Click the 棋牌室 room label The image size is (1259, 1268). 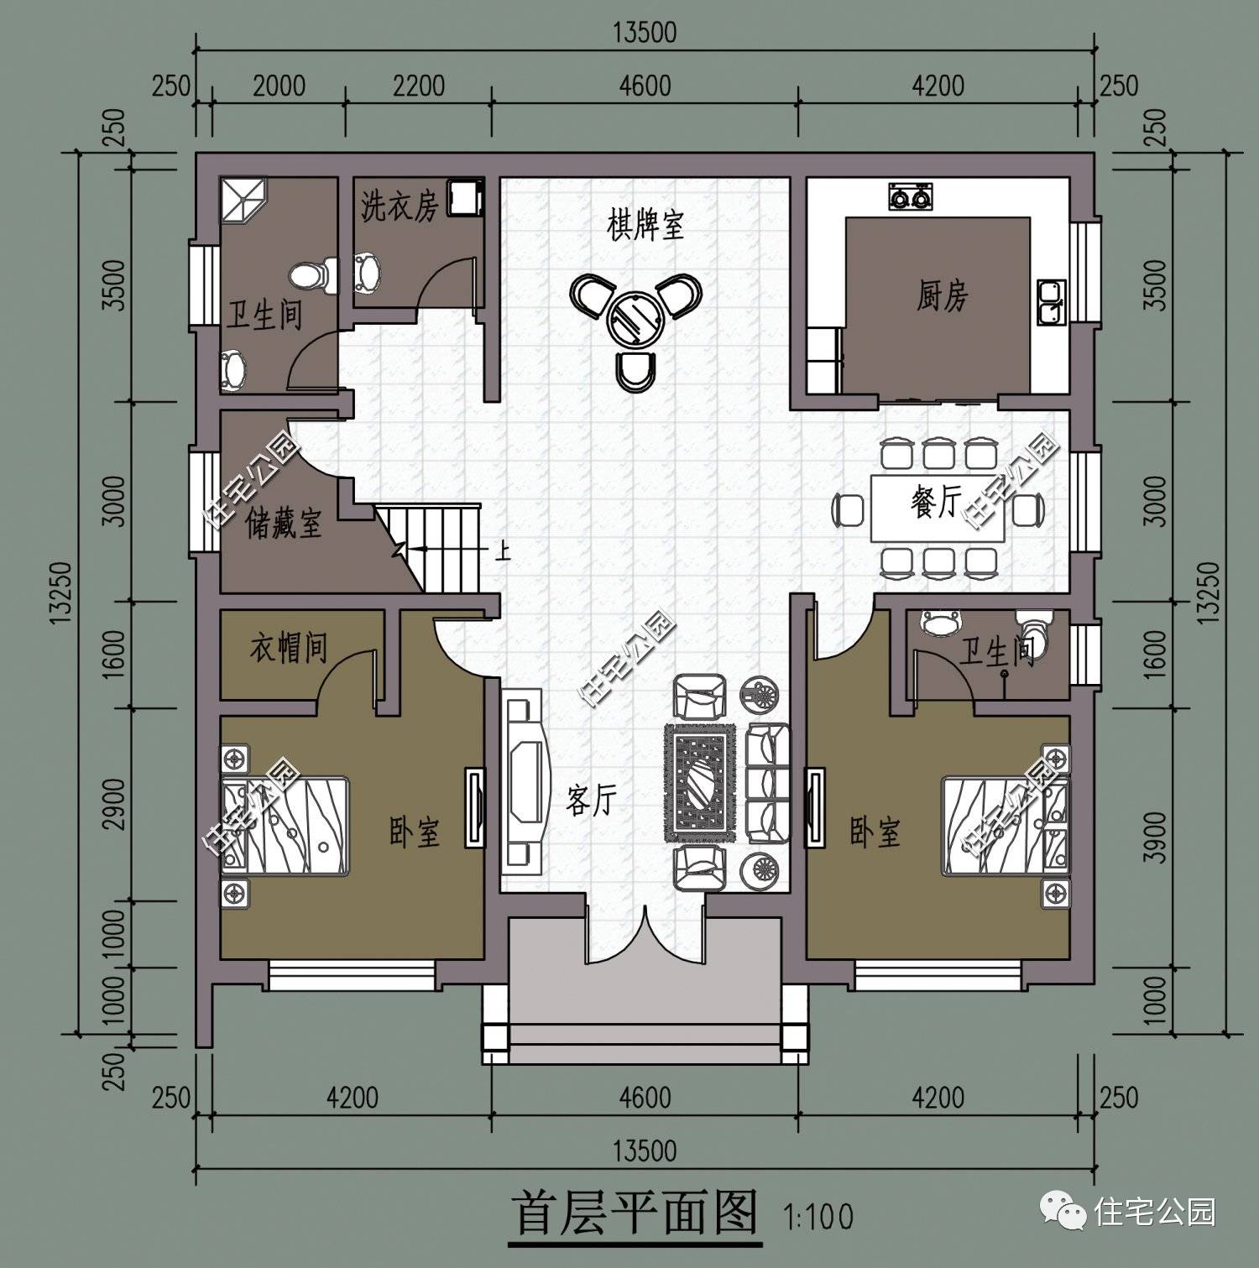click(x=645, y=225)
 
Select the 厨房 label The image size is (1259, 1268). click(x=942, y=296)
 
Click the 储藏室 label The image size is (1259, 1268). click(x=283, y=524)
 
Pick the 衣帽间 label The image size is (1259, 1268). click(x=288, y=649)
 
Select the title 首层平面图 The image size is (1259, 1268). click(x=635, y=1212)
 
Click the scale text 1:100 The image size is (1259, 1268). click(x=818, y=1216)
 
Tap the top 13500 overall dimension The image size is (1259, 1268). click(x=644, y=33)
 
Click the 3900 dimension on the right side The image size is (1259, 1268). click(x=1157, y=837)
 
